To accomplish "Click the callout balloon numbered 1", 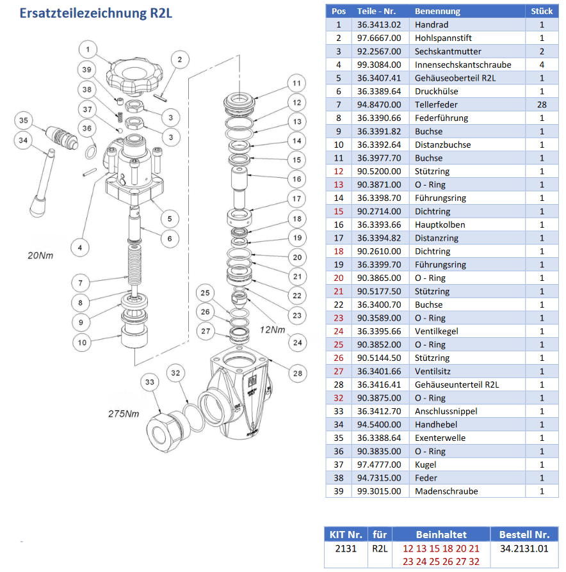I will (88, 49).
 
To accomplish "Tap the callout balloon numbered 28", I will (296, 373).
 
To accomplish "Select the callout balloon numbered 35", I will (24, 120).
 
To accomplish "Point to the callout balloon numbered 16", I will (296, 179).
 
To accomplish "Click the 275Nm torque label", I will (123, 413).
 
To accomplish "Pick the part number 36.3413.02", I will (378, 25).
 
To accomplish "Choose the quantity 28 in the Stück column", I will (541, 104).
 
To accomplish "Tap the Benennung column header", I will (437, 11).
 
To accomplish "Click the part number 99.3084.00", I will (378, 65).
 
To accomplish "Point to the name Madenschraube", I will (446, 491).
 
